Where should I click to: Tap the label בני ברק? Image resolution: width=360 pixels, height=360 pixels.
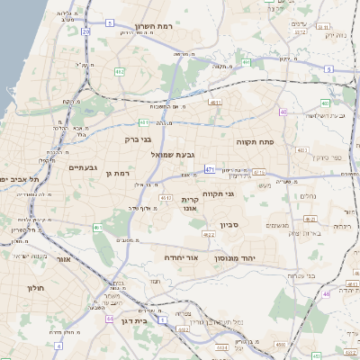[138, 139]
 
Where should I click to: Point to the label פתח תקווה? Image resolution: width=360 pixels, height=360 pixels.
[255, 142]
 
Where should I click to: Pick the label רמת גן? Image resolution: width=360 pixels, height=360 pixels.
[118, 173]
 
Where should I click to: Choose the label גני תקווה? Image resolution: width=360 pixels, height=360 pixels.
[217, 193]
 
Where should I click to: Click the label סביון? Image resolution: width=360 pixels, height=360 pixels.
[228, 224]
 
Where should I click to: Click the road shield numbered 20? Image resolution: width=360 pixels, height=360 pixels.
[85, 31]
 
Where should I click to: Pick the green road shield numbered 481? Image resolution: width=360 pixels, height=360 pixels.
[144, 121]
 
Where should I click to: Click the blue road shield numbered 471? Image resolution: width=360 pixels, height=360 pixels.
[210, 168]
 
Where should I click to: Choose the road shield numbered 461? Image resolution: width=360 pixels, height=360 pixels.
[96, 228]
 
